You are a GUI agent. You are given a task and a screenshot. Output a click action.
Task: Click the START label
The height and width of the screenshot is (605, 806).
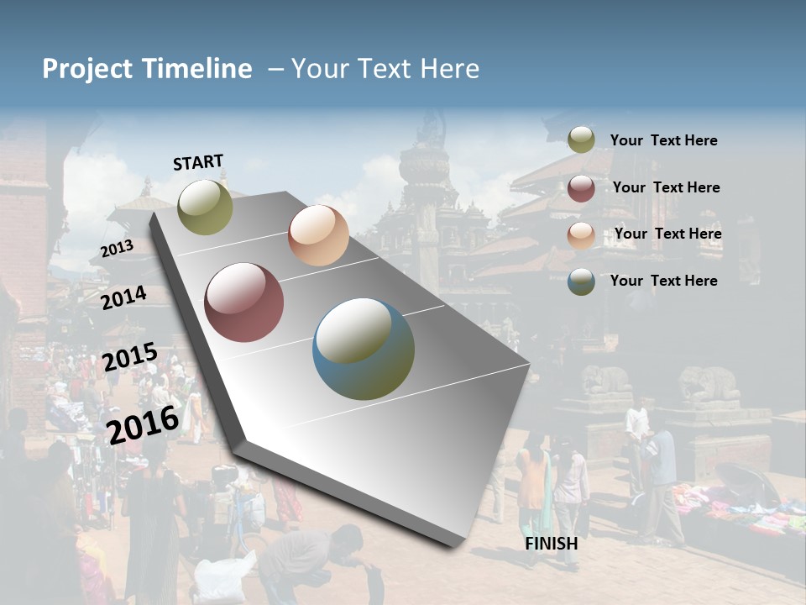(x=198, y=162)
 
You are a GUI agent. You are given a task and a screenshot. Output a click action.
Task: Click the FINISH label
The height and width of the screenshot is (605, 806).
(x=551, y=544)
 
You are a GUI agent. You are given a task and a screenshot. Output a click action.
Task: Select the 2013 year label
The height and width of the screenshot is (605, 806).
(x=117, y=249)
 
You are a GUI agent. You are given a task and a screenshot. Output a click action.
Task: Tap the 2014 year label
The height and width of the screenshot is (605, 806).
(x=123, y=297)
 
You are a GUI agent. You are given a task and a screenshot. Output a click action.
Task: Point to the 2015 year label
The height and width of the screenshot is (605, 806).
(x=130, y=357)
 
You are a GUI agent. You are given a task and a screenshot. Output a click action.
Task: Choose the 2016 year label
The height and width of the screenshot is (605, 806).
(x=143, y=424)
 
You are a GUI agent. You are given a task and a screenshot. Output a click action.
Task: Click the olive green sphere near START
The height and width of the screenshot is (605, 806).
(x=205, y=207)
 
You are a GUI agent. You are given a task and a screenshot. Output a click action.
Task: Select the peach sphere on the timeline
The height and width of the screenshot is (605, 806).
(x=318, y=235)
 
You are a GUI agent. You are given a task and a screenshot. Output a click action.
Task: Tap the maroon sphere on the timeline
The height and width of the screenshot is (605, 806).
(x=244, y=302)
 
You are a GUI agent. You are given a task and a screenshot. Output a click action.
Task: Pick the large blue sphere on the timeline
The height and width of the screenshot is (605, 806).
(x=364, y=349)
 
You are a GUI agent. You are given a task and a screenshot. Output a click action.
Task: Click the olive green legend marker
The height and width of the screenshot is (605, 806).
(x=581, y=140)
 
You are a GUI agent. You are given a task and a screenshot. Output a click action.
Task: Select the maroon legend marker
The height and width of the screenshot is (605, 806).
(x=581, y=188)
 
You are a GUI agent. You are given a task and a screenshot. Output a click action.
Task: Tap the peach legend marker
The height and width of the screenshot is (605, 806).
(x=581, y=234)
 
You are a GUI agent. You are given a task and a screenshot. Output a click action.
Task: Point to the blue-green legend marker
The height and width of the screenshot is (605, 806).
(x=581, y=281)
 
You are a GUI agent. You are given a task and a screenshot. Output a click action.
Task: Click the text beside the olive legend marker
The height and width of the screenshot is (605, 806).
(x=663, y=141)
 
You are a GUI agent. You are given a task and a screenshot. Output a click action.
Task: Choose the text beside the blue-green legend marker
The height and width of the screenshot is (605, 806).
(x=663, y=281)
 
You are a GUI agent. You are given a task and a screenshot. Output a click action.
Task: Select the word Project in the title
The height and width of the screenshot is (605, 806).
(x=87, y=69)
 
